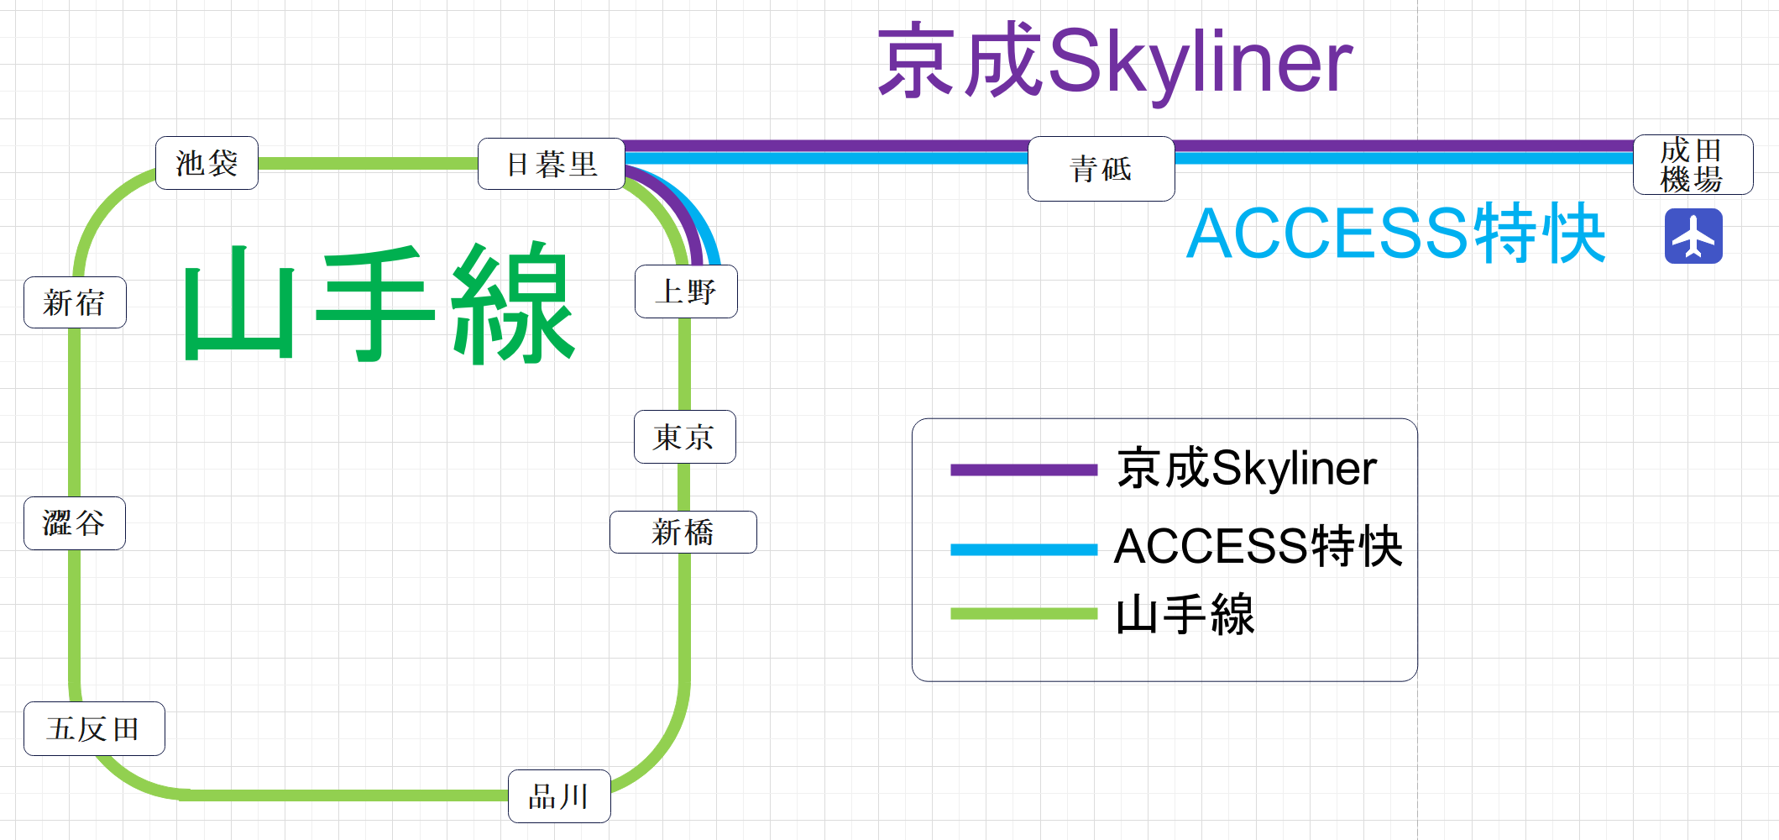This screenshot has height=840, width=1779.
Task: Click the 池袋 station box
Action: tap(207, 163)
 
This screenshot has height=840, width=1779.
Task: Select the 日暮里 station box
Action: tap(552, 164)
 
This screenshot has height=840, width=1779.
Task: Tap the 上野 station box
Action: tap(686, 291)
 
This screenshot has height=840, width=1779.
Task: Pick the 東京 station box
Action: tap(684, 437)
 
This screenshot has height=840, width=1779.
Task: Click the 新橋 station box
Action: tap(683, 532)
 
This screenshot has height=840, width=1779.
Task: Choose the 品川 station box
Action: tap(559, 795)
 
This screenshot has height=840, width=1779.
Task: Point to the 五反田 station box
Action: tap(94, 728)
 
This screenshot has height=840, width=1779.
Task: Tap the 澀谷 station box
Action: tap(75, 522)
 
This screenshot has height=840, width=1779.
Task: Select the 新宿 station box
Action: tap(75, 302)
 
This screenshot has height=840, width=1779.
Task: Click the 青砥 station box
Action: tap(1101, 169)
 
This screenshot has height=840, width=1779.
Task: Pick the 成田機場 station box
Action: tap(1693, 165)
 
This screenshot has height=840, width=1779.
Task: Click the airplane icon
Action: tap(1693, 236)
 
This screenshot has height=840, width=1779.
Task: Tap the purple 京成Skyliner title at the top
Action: tap(1115, 61)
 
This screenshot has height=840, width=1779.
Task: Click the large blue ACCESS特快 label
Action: tap(1395, 234)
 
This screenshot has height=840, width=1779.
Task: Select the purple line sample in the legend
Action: tap(1023, 470)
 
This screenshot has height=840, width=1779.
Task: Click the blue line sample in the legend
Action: tap(1023, 549)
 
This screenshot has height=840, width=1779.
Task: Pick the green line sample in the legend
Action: tap(1023, 614)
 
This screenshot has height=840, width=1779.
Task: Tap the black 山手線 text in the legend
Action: tap(1185, 615)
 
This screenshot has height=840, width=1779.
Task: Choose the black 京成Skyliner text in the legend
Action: tap(1247, 468)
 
